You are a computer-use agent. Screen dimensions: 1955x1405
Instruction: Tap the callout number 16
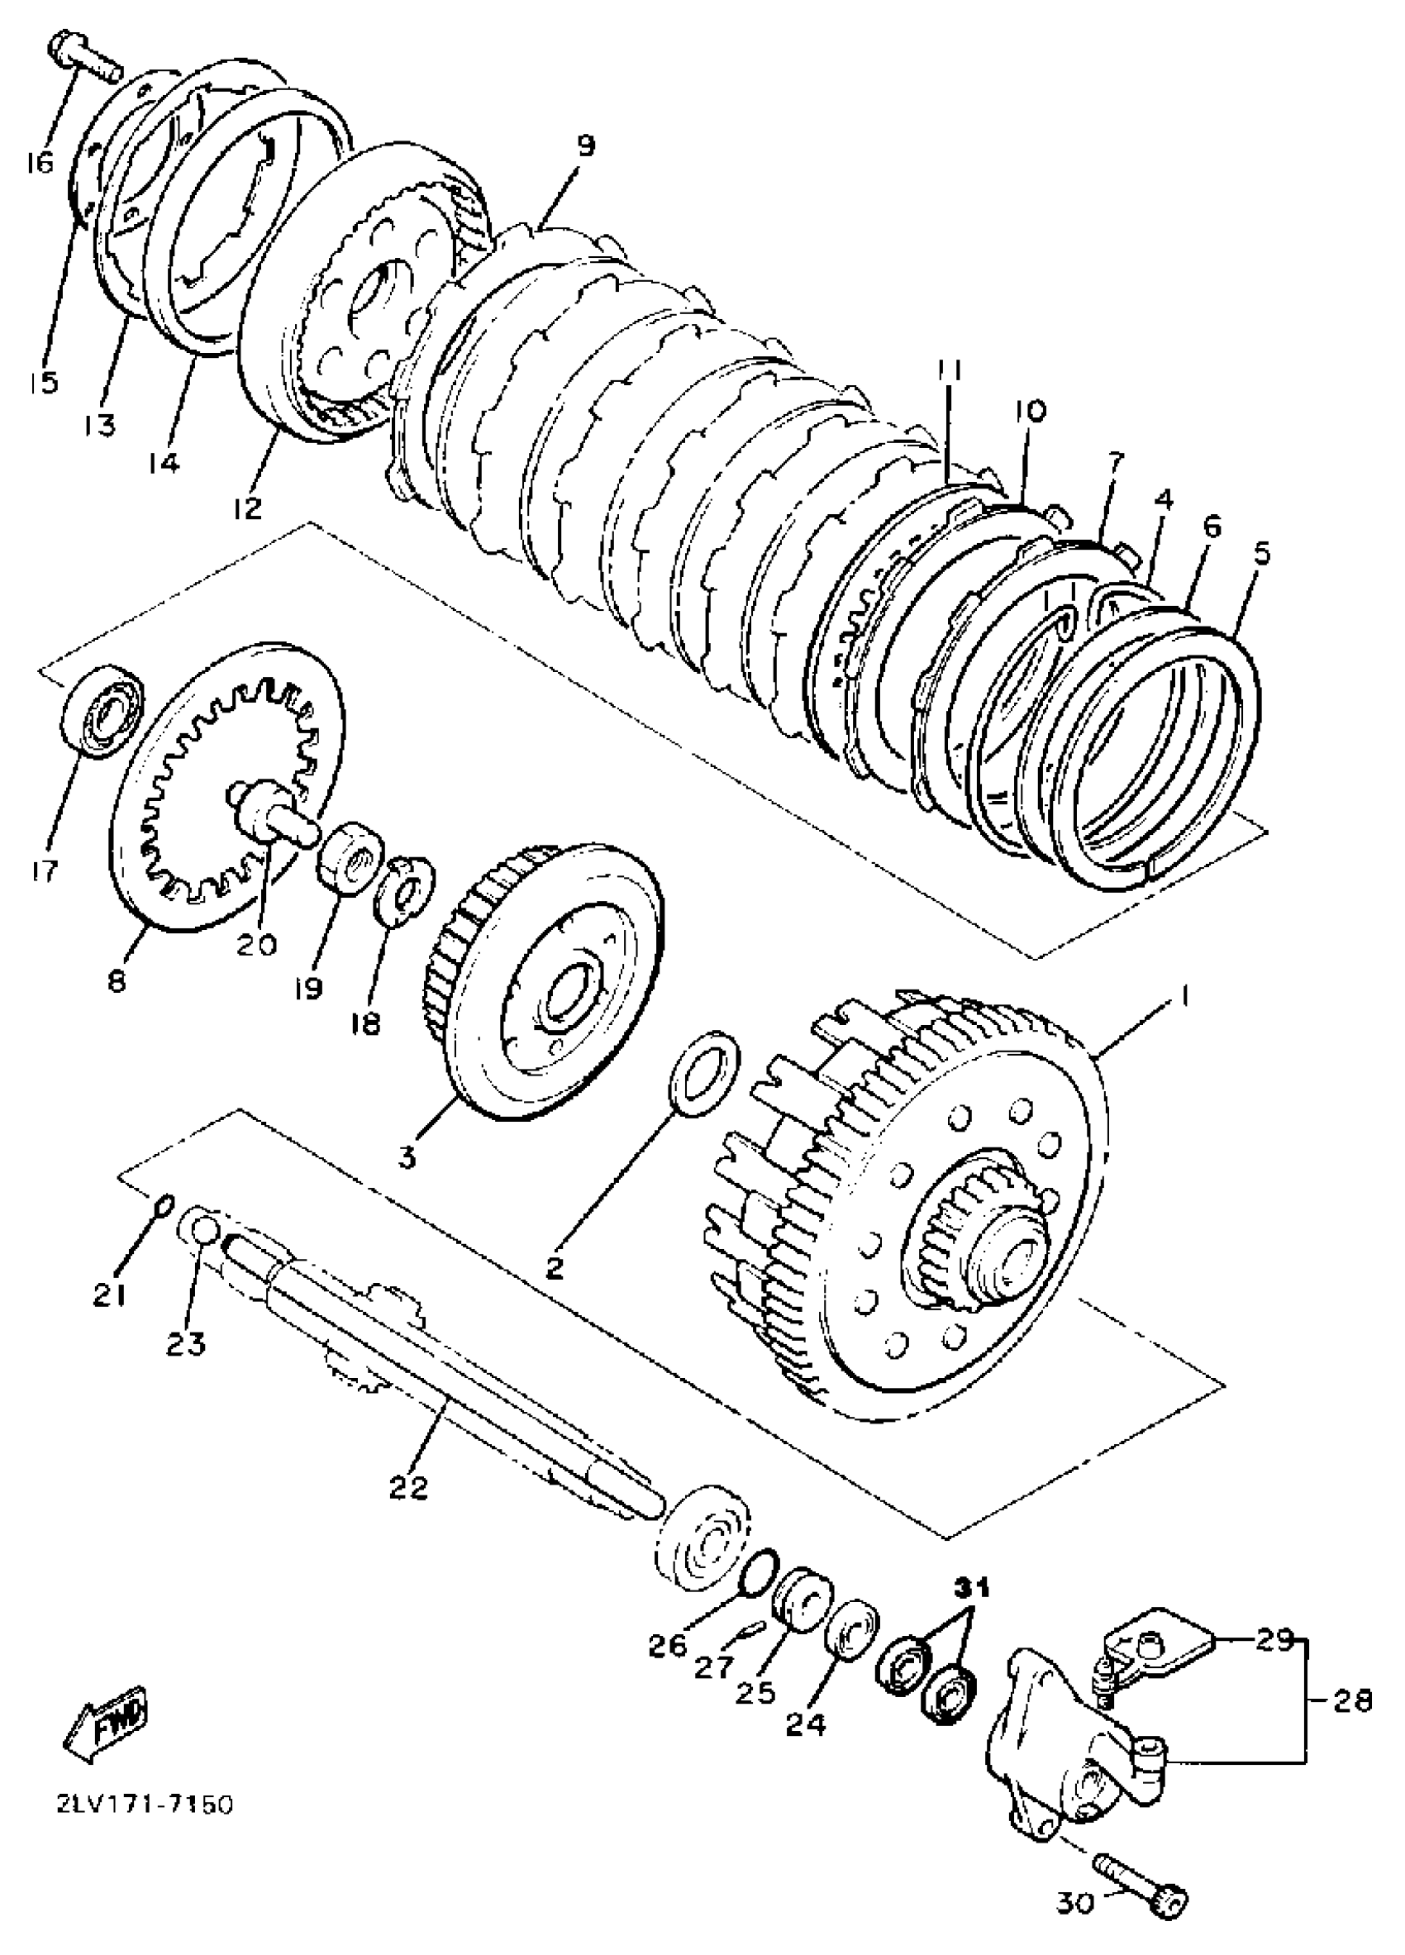click(x=38, y=161)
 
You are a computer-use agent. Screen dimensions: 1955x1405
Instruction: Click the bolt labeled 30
click(x=1140, y=1890)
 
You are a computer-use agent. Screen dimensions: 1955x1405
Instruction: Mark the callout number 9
click(x=584, y=145)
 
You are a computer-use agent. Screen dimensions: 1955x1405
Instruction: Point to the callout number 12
click(x=246, y=508)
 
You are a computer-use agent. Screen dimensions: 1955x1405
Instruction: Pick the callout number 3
click(x=407, y=1155)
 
